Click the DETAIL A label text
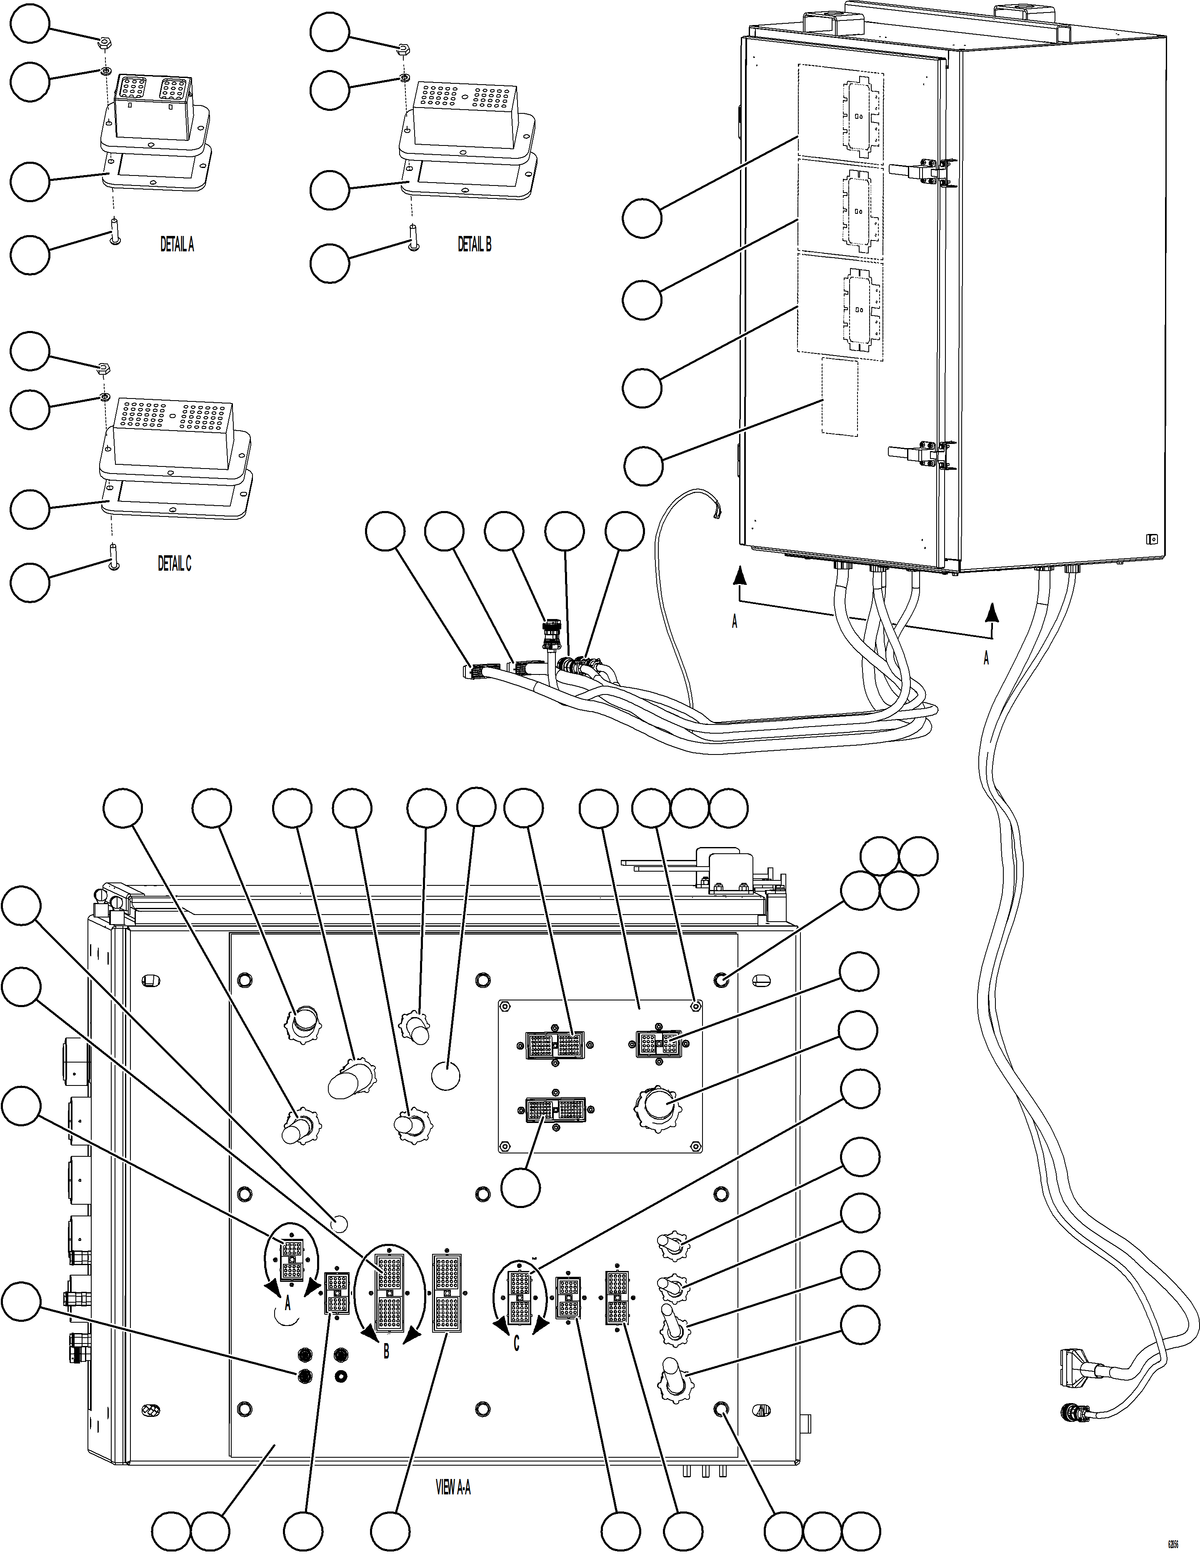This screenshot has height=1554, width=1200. click(176, 245)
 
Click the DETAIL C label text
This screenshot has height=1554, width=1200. click(174, 564)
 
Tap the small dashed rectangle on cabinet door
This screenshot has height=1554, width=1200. click(839, 396)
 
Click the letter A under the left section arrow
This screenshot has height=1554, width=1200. click(735, 621)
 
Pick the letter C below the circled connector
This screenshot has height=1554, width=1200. click(516, 1343)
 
